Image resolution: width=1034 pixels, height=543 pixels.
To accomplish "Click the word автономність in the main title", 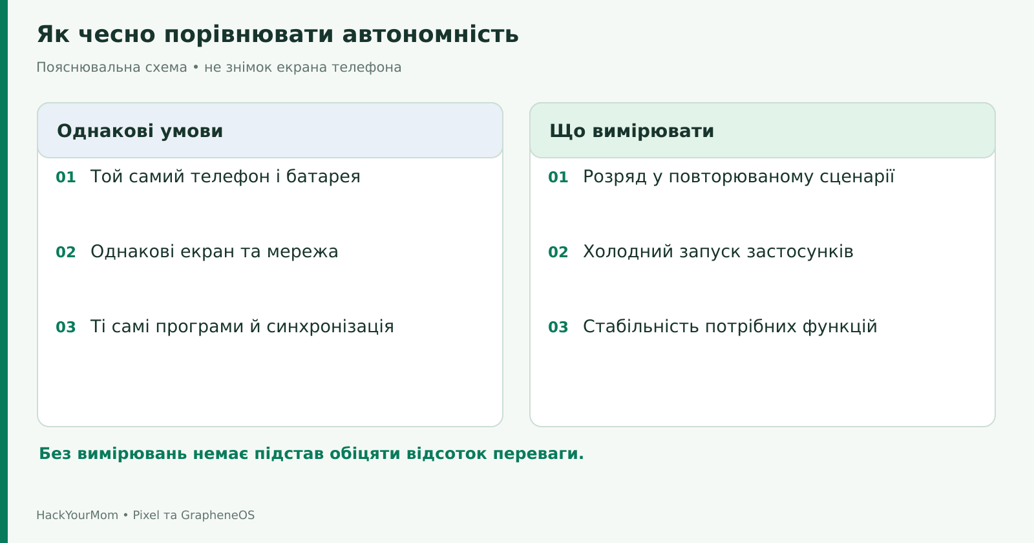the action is pyautogui.click(x=430, y=35).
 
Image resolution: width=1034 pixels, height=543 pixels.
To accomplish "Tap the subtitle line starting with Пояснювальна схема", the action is pyautogui.click(x=219, y=67).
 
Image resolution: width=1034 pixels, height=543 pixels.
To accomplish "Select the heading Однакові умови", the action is pyautogui.click(x=140, y=131).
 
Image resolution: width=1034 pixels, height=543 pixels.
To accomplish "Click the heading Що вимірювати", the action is pyautogui.click(x=631, y=131).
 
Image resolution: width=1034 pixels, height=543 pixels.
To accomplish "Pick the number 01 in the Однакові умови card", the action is pyautogui.click(x=65, y=177).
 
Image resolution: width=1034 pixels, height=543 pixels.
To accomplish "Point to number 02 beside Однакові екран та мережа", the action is pyautogui.click(x=65, y=252).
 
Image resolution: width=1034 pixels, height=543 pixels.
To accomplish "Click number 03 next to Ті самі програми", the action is pyautogui.click(x=65, y=327).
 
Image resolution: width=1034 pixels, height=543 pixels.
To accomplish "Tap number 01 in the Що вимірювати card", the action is pyautogui.click(x=558, y=177).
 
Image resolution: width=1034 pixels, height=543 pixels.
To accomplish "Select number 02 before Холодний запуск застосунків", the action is pyautogui.click(x=558, y=252).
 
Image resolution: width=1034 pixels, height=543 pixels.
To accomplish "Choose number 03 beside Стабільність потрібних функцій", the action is pyautogui.click(x=558, y=327).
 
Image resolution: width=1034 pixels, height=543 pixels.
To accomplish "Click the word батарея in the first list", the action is pyautogui.click(x=323, y=177).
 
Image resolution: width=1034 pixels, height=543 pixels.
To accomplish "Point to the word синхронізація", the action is pyautogui.click(x=330, y=326).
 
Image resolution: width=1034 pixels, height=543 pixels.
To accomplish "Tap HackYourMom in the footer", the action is pyautogui.click(x=78, y=515).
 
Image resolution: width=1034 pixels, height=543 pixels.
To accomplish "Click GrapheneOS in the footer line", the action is pyautogui.click(x=217, y=515).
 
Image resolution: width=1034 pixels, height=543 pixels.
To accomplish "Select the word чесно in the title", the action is pyautogui.click(x=117, y=35).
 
